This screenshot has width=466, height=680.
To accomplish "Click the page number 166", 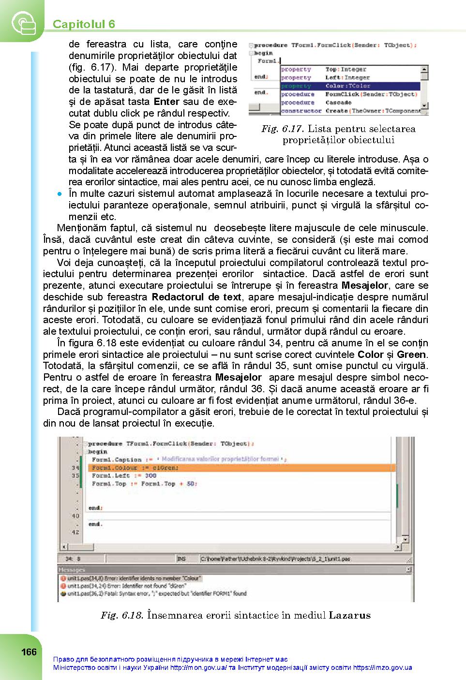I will click(x=29, y=652).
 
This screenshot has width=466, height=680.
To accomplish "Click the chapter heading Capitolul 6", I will click(x=84, y=24).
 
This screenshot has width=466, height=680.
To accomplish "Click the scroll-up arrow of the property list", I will click(x=424, y=70).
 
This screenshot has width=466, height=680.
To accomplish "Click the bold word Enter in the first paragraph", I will click(x=166, y=102).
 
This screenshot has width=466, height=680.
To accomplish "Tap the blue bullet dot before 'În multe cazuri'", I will click(x=60, y=194).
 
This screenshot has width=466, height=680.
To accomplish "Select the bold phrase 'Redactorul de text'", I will click(x=196, y=297).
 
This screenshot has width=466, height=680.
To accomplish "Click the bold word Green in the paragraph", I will click(x=411, y=355).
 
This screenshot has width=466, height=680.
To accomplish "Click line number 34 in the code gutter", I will click(x=75, y=468).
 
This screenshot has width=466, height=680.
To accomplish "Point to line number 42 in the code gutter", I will click(x=75, y=532).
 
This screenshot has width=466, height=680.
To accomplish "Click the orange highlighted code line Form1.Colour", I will click(x=135, y=468).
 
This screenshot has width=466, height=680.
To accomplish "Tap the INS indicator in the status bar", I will click(x=181, y=559).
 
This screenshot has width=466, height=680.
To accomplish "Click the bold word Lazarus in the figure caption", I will click(x=349, y=616).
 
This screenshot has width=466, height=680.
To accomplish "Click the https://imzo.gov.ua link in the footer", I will click(x=382, y=668).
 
